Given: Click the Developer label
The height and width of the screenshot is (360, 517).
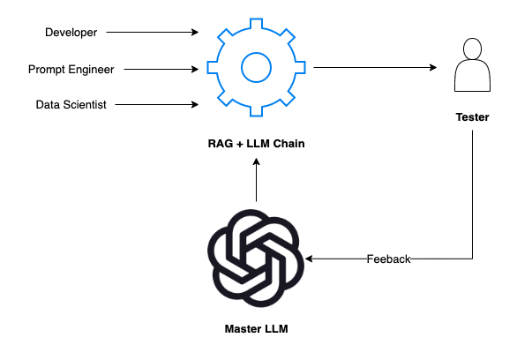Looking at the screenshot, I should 71,33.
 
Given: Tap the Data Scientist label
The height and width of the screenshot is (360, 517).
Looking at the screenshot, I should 71,104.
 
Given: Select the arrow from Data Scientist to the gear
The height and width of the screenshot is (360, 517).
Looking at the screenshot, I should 157,104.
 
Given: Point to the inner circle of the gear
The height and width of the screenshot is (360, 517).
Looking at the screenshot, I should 255,68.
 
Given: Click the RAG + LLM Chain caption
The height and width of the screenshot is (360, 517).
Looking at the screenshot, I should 255,143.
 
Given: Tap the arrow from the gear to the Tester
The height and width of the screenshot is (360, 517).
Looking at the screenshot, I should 375,68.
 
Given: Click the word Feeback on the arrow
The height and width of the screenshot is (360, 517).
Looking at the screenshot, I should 389,259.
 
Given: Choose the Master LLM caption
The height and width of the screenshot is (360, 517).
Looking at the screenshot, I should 255,329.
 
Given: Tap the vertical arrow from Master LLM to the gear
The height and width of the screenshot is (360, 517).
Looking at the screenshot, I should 255,181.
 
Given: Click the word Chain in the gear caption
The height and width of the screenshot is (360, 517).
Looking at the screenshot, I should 288,143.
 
